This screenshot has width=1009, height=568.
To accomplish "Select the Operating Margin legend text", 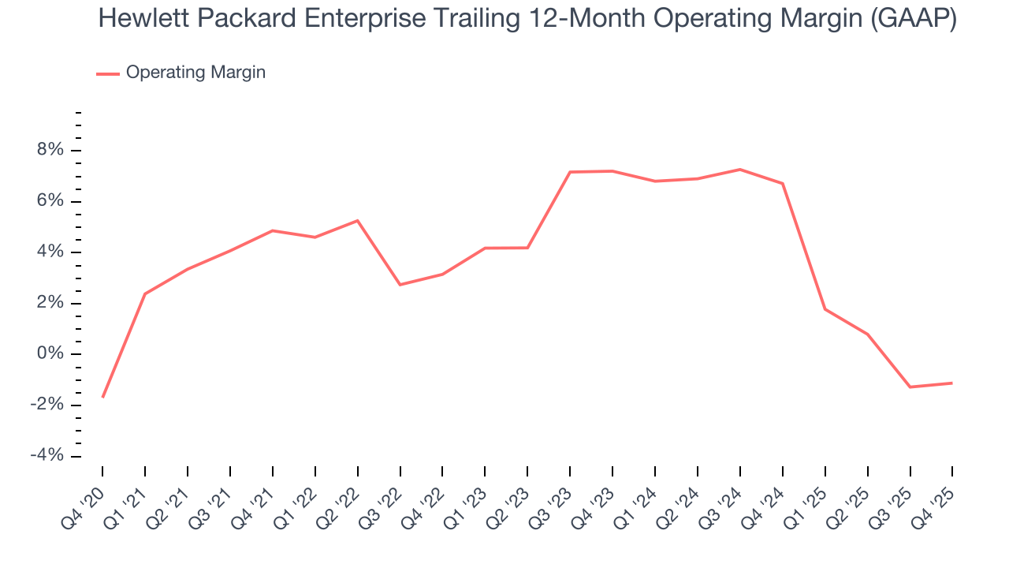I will click(195, 73).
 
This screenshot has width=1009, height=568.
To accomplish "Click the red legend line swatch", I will click(108, 73).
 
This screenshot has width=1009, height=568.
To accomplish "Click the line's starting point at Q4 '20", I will click(102, 397).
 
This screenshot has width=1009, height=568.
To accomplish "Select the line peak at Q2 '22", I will click(358, 221).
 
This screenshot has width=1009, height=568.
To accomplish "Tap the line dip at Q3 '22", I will click(400, 285).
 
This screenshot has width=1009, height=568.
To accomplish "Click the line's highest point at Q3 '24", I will click(740, 170).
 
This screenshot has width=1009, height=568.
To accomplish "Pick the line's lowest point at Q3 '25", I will click(910, 387).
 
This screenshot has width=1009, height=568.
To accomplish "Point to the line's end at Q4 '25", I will click(952, 383).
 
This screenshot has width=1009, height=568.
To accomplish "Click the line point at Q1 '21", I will click(145, 293).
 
